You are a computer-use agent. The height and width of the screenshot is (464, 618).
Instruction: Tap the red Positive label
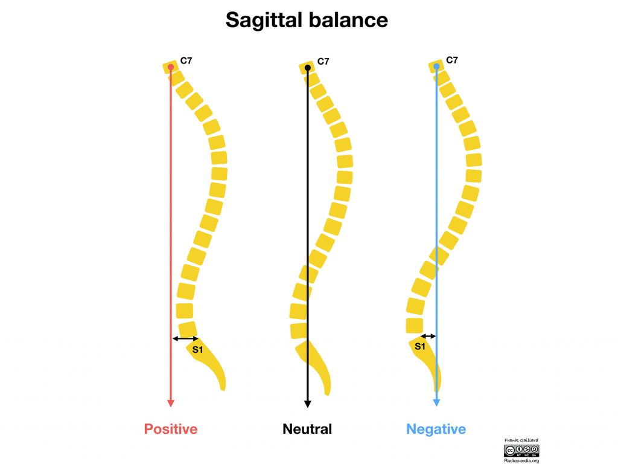pyautogui.click(x=171, y=429)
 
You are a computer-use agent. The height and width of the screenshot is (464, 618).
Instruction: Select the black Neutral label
pyautogui.click(x=307, y=429)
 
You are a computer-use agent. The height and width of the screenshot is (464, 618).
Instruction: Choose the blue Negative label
pyautogui.click(x=436, y=429)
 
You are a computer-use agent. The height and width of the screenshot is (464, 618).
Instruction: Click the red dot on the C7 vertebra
pyautogui.click(x=171, y=67)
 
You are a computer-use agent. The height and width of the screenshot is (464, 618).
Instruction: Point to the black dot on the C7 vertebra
pyautogui.click(x=308, y=68)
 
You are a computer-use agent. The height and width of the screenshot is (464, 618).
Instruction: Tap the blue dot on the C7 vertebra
pyautogui.click(x=436, y=66)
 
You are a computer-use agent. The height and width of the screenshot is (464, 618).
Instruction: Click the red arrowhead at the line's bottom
pyautogui.click(x=171, y=403)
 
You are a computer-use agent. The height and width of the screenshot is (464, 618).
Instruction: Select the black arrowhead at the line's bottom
pyautogui.click(x=308, y=404)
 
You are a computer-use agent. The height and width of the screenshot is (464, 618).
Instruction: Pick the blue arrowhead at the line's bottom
pyautogui.click(x=436, y=402)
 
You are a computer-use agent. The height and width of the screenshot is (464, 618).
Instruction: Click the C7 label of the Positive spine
pyautogui.click(x=186, y=60)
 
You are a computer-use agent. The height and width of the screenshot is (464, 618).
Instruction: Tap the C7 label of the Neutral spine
pyautogui.click(x=323, y=61)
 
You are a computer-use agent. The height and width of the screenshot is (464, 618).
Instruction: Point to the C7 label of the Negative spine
pyautogui.click(x=452, y=60)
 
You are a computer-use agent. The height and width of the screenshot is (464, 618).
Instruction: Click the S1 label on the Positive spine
pyautogui.click(x=197, y=350)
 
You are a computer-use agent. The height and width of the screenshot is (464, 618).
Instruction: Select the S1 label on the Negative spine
pyautogui.click(x=420, y=346)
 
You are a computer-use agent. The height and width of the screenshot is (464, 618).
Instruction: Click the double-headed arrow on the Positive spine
pyautogui.click(x=186, y=338)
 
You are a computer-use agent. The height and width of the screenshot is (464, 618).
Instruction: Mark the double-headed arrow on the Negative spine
pyautogui.click(x=428, y=336)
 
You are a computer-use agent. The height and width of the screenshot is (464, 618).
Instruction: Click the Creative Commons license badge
pyautogui.click(x=521, y=451)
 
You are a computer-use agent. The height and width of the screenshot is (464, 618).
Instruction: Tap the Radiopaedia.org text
pyautogui.click(x=521, y=460)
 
